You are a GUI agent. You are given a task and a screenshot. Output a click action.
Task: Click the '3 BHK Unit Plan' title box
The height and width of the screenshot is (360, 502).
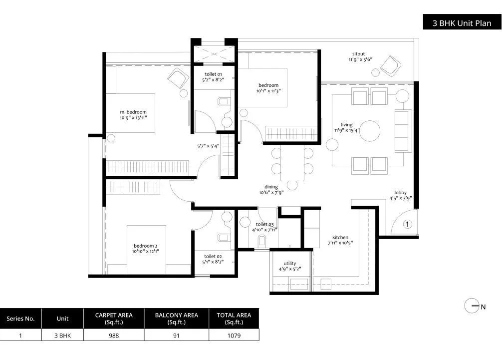click(462, 23)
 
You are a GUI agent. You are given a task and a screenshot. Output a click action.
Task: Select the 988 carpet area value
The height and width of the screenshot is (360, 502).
click(114, 336)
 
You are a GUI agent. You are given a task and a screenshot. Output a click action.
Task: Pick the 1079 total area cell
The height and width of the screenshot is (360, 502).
click(234, 336)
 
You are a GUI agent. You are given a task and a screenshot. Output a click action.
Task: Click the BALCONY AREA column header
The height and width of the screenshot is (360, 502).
click(176, 318)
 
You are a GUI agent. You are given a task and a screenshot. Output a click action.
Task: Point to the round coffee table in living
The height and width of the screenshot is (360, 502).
click(370, 130)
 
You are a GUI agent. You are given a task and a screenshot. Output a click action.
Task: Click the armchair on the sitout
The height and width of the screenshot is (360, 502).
click(389, 65)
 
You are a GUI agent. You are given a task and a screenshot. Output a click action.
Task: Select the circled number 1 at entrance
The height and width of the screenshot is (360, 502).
click(407, 225)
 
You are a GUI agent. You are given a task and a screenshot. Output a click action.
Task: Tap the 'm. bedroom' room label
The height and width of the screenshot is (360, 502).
click(133, 112)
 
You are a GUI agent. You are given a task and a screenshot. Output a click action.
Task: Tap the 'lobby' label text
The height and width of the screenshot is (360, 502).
click(401, 192)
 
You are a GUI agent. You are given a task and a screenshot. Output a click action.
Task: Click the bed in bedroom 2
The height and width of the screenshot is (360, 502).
click(146, 250)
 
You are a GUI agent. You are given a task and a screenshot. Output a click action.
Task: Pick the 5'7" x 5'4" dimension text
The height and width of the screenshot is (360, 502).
click(208, 146)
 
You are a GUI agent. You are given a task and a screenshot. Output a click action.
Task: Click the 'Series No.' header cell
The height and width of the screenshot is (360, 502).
click(20, 318)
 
